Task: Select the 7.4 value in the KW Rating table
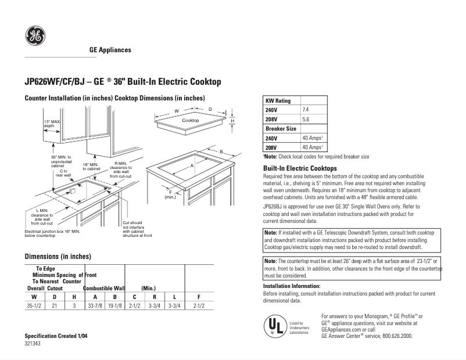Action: point(306,109)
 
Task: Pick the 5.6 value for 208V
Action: point(306,118)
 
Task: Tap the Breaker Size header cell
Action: point(281,128)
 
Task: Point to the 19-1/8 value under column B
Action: point(114,305)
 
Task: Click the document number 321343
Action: point(33,344)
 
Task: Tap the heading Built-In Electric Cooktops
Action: point(300,168)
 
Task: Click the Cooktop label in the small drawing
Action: point(191,120)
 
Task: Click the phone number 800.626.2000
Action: point(397,336)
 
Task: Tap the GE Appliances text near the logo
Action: point(110,50)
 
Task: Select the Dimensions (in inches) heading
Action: point(58,256)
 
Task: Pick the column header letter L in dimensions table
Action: point(174,296)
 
